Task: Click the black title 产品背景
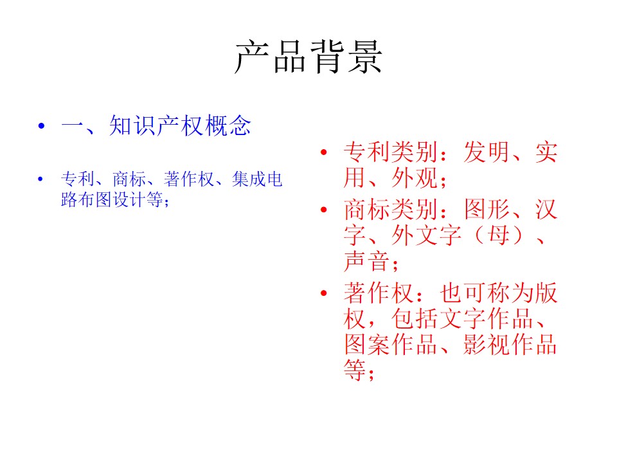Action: click(x=308, y=57)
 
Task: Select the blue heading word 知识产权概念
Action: click(x=180, y=126)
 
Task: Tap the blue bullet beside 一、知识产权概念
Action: click(x=41, y=127)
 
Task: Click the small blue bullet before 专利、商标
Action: click(x=40, y=179)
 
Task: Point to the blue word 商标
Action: click(x=129, y=179)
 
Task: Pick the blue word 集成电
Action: click(x=257, y=179)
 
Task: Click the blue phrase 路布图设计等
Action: click(x=112, y=199)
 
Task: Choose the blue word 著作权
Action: click(x=189, y=179)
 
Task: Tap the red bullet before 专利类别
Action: click(x=323, y=152)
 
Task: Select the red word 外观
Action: click(x=415, y=178)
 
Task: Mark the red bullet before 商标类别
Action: click(x=323, y=210)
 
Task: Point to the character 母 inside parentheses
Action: click(x=499, y=235)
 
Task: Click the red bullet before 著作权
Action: click(x=323, y=293)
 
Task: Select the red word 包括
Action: click(x=415, y=319)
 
